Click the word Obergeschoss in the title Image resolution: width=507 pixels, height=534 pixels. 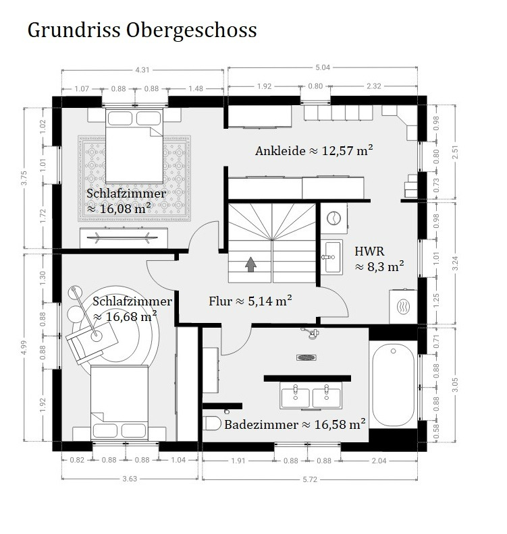(x=191, y=30)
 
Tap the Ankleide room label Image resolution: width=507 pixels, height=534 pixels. (x=314, y=150)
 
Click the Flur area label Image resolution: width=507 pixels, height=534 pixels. (x=250, y=301)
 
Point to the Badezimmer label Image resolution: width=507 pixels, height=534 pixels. (x=295, y=424)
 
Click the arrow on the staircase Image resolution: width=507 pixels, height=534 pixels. (x=251, y=264)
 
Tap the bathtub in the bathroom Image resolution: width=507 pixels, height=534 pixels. (x=393, y=385)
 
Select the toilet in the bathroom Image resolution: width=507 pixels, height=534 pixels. (x=212, y=423)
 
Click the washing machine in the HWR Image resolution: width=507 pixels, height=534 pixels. (x=333, y=218)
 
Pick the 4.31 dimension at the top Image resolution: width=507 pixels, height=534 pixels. (x=142, y=70)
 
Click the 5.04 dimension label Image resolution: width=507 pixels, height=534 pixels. (x=323, y=67)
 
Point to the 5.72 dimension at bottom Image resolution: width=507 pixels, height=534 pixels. (x=310, y=479)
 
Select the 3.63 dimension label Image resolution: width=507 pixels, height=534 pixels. (x=130, y=479)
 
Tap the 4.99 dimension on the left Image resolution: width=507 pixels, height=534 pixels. (x=24, y=347)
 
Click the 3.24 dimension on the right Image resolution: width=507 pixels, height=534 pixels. (x=455, y=263)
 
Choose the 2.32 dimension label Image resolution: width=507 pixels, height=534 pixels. (x=374, y=86)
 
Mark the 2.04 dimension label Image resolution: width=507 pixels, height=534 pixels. (x=379, y=461)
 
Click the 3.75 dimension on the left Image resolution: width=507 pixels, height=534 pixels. (x=24, y=178)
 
